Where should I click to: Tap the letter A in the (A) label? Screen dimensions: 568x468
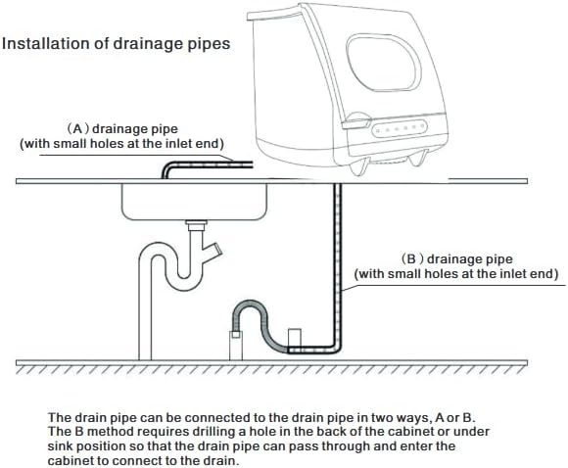(x=77, y=129)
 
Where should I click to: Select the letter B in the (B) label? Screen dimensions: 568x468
(x=411, y=259)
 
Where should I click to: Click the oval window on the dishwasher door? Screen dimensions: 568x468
(x=384, y=64)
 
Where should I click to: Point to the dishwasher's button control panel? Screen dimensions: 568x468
(x=400, y=128)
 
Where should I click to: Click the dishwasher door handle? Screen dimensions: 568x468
(x=356, y=121)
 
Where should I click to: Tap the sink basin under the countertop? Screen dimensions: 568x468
(x=195, y=202)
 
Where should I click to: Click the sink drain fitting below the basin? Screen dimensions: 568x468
(x=196, y=225)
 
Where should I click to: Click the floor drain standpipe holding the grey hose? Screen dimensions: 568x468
(x=236, y=345)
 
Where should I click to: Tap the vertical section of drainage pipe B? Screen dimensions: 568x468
(x=338, y=264)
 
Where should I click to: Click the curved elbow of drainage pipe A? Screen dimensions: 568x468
(x=168, y=167)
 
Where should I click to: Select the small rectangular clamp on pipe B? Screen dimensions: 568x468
(x=294, y=338)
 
